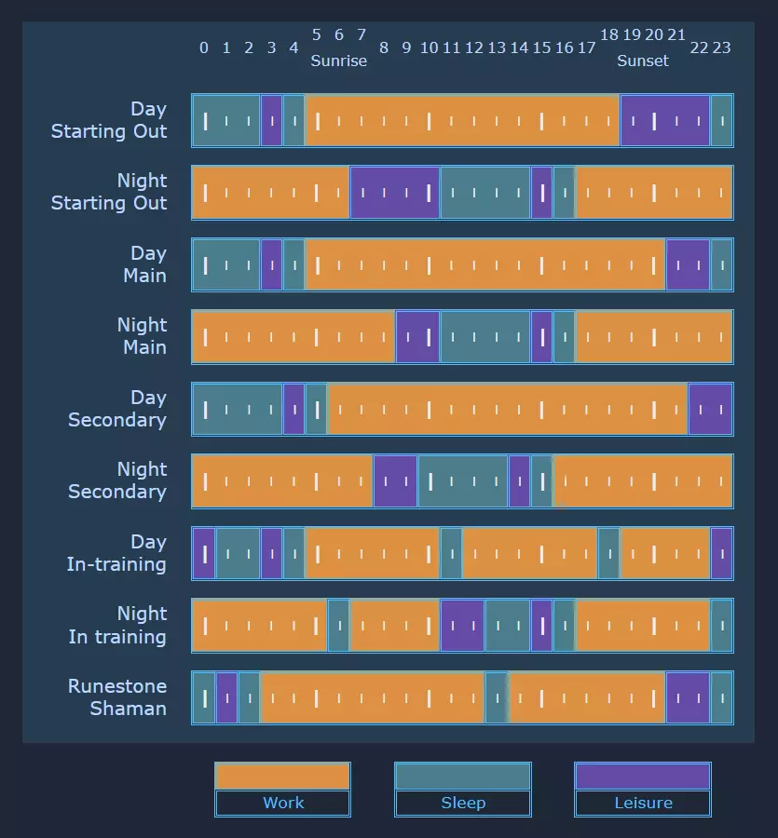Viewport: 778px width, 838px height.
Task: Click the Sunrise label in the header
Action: point(338,61)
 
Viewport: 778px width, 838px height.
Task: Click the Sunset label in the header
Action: point(642,61)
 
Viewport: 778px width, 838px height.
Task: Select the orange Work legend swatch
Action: point(282,777)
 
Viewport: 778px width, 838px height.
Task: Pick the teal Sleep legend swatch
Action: point(463,777)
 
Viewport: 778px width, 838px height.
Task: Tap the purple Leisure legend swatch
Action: point(643,777)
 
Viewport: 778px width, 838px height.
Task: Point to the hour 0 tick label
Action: point(204,47)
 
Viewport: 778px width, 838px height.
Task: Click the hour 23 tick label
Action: point(722,47)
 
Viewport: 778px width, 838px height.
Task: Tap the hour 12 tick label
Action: point(474,47)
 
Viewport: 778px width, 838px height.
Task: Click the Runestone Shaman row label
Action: point(117,697)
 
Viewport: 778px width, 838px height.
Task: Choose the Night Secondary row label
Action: point(117,480)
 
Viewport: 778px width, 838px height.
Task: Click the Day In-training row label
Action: point(116,553)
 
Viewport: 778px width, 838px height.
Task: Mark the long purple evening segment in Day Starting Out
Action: point(665,121)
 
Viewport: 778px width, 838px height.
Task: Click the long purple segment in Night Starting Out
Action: point(395,193)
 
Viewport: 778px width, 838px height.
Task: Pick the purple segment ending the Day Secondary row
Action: point(710,409)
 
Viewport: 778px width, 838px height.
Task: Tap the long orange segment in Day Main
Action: point(485,264)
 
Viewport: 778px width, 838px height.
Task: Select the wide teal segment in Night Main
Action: point(485,337)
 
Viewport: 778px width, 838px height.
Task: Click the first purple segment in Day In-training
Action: point(204,553)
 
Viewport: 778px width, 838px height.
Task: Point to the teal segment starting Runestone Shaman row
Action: point(204,697)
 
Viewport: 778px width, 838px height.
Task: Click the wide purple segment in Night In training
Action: point(462,626)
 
